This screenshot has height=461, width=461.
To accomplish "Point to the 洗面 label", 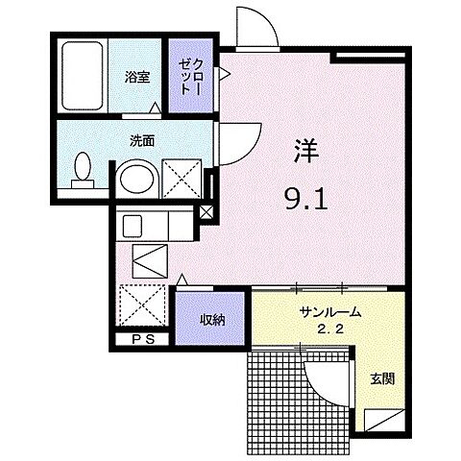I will point(141,140).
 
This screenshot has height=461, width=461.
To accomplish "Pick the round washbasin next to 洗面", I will point(137,180).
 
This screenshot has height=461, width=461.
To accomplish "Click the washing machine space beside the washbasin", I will point(182,180).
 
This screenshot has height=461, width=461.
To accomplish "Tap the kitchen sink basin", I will point(133,227).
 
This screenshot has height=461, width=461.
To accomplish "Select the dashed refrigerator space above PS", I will point(140,306).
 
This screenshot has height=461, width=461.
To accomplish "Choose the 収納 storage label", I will point(211,319).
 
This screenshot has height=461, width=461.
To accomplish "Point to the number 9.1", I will point(305,201).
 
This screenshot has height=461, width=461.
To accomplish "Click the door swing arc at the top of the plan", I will point(256,25).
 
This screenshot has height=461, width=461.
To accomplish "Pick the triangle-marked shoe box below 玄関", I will point(381,419).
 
